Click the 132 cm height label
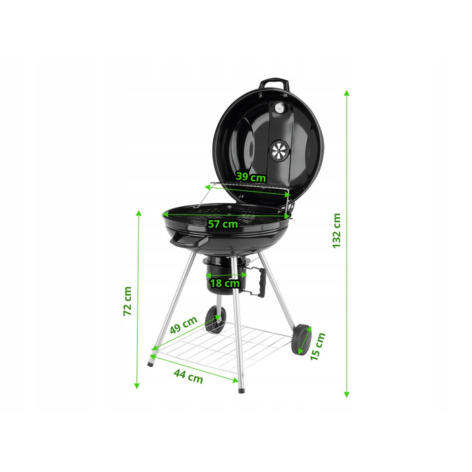[x=337, y=231]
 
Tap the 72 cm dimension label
[x=127, y=301]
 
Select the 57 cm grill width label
[x=223, y=224]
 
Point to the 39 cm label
[x=251, y=177]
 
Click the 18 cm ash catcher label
[x=225, y=283]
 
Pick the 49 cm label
[x=183, y=325]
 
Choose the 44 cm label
[x=188, y=376]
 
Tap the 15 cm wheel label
[x=318, y=346]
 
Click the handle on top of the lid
[x=273, y=84]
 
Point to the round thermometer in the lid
[x=280, y=108]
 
